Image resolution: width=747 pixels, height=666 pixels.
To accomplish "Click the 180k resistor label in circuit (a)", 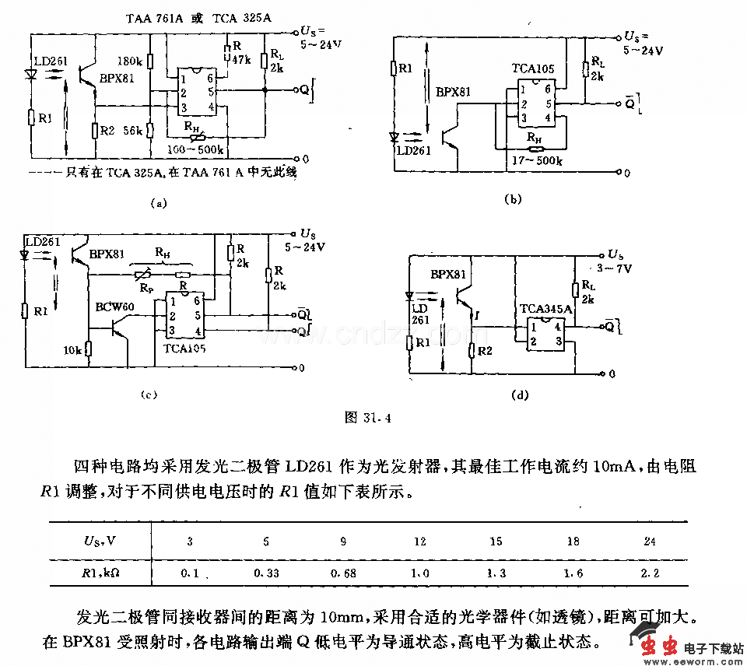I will click(129, 61).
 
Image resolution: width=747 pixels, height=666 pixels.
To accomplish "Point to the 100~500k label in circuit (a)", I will click(193, 149).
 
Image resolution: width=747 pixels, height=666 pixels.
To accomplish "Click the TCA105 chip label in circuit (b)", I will click(533, 69).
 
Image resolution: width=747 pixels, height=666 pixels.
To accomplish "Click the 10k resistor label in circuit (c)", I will click(72, 351).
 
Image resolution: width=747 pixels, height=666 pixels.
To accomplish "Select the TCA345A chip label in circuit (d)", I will click(545, 309).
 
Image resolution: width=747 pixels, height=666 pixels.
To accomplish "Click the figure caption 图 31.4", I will click(367, 417).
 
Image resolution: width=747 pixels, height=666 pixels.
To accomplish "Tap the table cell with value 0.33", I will click(262, 573).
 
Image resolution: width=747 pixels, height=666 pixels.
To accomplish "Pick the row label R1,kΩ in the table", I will click(101, 573).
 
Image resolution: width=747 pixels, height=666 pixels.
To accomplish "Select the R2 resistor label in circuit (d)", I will click(485, 351).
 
